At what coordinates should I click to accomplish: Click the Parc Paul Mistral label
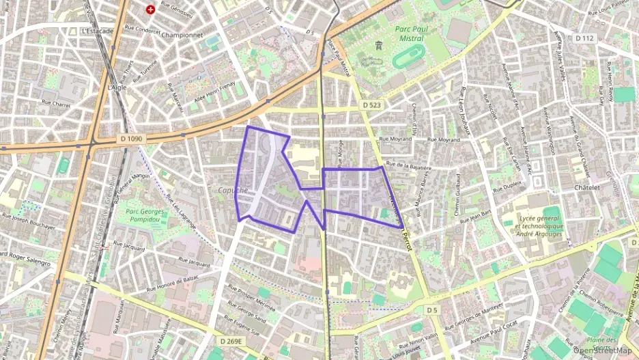(409, 33)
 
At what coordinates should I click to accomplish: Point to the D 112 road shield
(585, 38)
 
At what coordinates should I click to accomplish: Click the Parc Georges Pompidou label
(148, 215)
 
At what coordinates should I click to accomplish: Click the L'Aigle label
(117, 87)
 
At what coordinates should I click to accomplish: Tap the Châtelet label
(586, 187)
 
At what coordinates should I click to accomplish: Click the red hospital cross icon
(150, 11)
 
